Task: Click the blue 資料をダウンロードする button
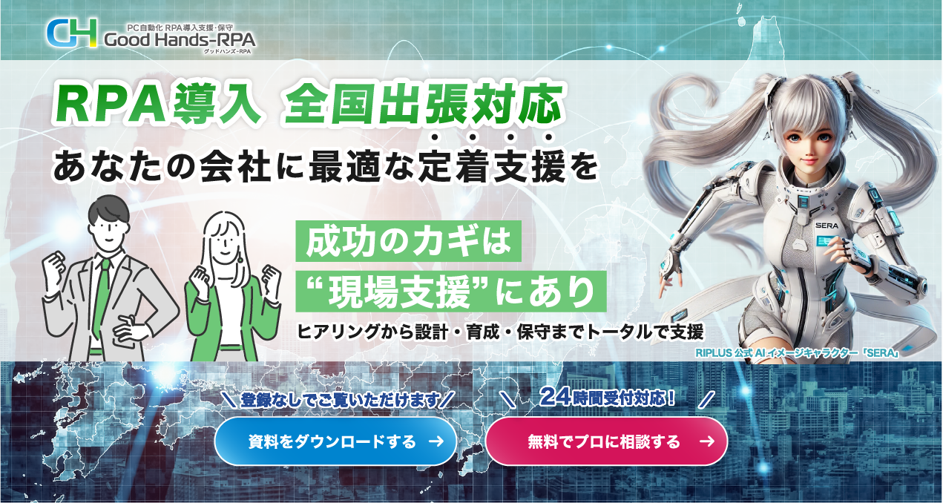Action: (x=335, y=441)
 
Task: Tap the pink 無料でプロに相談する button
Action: (x=607, y=441)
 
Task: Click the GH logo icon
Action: (x=71, y=33)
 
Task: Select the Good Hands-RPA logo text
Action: (x=180, y=40)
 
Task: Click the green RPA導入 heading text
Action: (x=157, y=104)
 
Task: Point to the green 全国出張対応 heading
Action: (x=424, y=104)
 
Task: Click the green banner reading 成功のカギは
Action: (x=408, y=241)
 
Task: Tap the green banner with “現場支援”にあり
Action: (x=451, y=292)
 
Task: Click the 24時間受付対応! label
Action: (x=608, y=397)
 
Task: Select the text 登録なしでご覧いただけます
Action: (x=340, y=400)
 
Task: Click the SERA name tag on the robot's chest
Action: (x=827, y=226)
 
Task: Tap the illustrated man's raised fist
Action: (x=55, y=265)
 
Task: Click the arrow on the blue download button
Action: (x=436, y=441)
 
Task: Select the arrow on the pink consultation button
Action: (x=707, y=441)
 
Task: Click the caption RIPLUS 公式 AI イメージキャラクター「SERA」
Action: (x=798, y=352)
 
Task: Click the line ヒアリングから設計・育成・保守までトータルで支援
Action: (x=500, y=332)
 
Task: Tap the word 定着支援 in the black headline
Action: (x=491, y=167)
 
